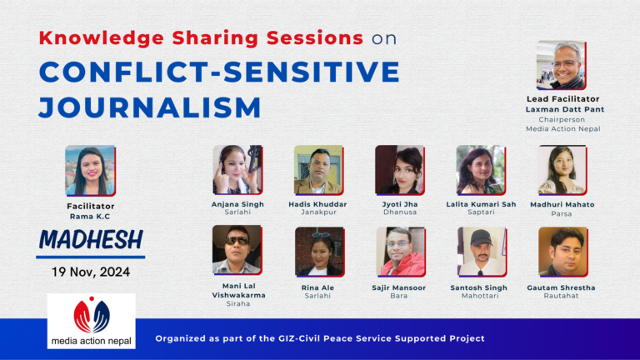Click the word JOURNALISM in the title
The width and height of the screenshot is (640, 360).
point(150,107)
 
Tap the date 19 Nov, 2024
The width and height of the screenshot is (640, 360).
point(91,272)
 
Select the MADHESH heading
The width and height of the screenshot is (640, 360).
point(91,240)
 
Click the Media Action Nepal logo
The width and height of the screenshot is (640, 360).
point(92,321)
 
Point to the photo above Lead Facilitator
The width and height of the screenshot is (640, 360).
point(561,65)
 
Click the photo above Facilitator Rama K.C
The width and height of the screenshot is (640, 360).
point(90,170)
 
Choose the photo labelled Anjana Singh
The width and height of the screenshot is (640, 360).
point(237,169)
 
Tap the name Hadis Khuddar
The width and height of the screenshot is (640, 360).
point(317,204)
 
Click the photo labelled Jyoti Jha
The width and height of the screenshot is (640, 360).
point(400,169)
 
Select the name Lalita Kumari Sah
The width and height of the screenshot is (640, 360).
point(481,204)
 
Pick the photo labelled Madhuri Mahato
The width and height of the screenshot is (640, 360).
point(562,170)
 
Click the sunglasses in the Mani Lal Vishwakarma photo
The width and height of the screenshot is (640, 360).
point(237,241)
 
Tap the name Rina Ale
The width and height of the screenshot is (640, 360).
point(317,287)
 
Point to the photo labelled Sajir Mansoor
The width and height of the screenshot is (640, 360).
point(401,252)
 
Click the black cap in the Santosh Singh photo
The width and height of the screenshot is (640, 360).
point(481,237)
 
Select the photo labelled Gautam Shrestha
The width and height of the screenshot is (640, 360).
point(562,252)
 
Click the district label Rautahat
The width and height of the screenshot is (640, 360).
point(561,296)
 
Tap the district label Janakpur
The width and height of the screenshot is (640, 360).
point(318,212)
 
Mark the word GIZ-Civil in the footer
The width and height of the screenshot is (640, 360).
point(299,338)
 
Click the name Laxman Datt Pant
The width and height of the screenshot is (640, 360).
point(564,109)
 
